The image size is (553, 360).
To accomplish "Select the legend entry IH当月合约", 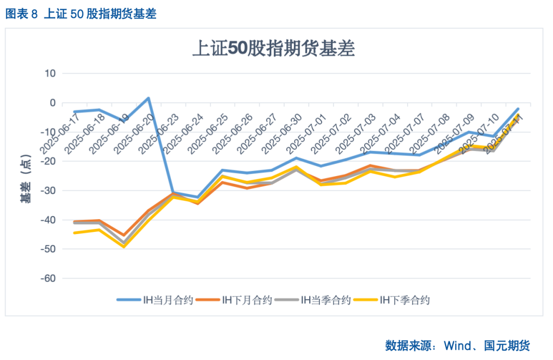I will point(155,300).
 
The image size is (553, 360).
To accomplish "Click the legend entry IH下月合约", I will point(233,300).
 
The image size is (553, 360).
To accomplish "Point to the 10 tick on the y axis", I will point(50,73).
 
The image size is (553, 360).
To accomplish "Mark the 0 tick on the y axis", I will point(52,102).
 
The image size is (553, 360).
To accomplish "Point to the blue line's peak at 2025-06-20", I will point(148,98).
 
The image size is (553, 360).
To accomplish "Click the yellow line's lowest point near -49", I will point(123,246).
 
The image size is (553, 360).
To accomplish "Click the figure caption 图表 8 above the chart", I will point(22,14).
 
